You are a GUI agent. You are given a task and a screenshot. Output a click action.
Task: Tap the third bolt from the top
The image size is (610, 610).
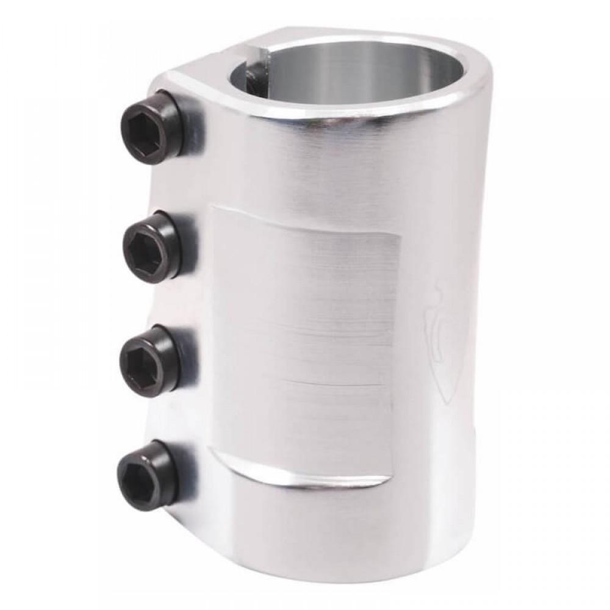[147, 354]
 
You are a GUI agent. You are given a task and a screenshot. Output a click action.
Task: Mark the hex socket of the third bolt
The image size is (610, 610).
[142, 354]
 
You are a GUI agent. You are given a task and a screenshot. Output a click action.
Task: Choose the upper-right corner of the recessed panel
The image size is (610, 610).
[400, 235]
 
